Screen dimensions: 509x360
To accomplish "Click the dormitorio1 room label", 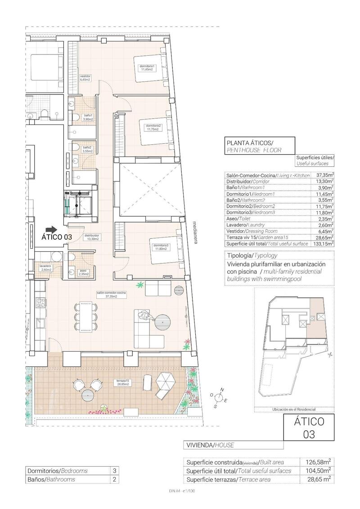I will [147, 68].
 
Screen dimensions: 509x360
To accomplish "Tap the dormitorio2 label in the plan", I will [153, 127].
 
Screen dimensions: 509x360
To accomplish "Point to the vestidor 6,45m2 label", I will [85, 78].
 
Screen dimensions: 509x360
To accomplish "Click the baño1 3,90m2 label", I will [88, 118].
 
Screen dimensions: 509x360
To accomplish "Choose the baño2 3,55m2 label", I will [87, 149].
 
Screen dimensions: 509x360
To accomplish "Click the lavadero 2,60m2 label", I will [45, 268].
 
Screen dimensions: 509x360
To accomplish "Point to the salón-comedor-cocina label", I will [111, 295].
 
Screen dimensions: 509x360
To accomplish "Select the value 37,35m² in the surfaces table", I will [325, 175].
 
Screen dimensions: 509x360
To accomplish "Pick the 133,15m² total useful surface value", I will [324, 243].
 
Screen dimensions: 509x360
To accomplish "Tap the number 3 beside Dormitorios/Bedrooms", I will [114, 471].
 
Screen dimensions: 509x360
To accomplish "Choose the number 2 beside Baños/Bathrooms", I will [114, 480].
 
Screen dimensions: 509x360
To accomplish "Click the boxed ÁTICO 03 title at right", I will [309, 428].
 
